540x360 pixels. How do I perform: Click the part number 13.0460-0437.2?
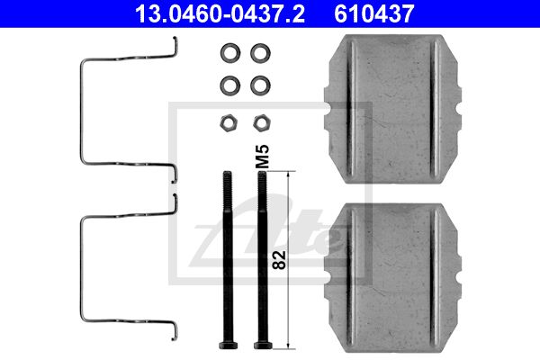pyautogui.click(x=220, y=13)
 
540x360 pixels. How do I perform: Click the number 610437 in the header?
pyautogui.click(x=374, y=13)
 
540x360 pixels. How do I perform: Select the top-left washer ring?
pyautogui.click(x=230, y=53)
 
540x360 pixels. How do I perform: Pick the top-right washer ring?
pyautogui.click(x=260, y=53)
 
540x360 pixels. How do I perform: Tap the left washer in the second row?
pyautogui.click(x=230, y=85)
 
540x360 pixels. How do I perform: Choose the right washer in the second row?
pyautogui.click(x=260, y=85)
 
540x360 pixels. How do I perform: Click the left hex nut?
pyautogui.click(x=229, y=122)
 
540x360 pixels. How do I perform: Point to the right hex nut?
pyautogui.click(x=262, y=122)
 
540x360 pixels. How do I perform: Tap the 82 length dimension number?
pyautogui.click(x=279, y=260)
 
